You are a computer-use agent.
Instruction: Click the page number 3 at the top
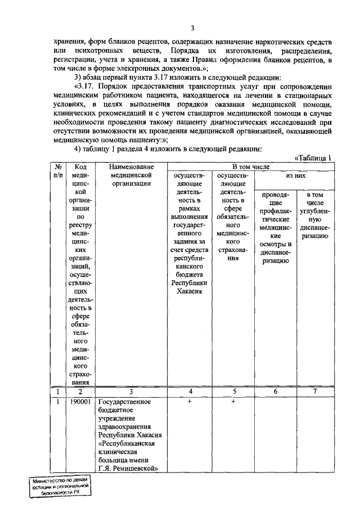pyautogui.click(x=192, y=29)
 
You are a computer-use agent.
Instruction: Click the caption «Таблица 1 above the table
pyautogui.click(x=314, y=158)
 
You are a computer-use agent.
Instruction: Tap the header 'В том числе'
pyautogui.click(x=251, y=167)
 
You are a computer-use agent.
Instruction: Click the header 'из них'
pyautogui.click(x=295, y=175)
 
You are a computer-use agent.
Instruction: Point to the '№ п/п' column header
pyautogui.click(x=58, y=171)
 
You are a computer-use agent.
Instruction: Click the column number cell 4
pyautogui.click(x=190, y=391)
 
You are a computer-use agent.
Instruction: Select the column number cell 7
pyautogui.click(x=315, y=391)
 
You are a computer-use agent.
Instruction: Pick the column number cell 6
pyautogui.click(x=276, y=391)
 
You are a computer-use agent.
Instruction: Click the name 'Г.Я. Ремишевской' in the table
pyautogui.click(x=127, y=468)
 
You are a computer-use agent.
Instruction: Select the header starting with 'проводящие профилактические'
pyautogui.click(x=276, y=228)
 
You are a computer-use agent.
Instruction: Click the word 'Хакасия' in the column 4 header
pyautogui.click(x=190, y=291)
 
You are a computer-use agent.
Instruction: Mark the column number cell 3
pyautogui.click(x=130, y=391)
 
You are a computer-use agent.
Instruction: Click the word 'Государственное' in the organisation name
pyautogui.click(x=125, y=402)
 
